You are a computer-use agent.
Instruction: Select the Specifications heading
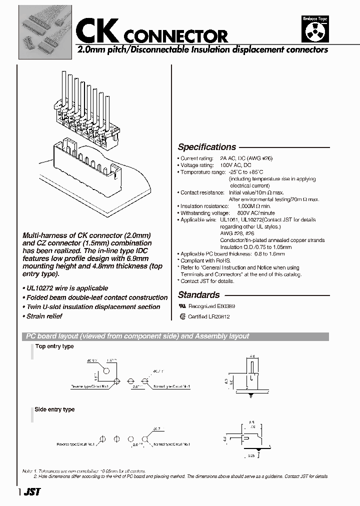(x=206, y=147)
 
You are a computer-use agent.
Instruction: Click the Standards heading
(x=198, y=295)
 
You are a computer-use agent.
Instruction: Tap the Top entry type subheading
(x=54, y=346)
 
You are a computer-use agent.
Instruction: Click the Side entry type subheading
(x=54, y=409)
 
